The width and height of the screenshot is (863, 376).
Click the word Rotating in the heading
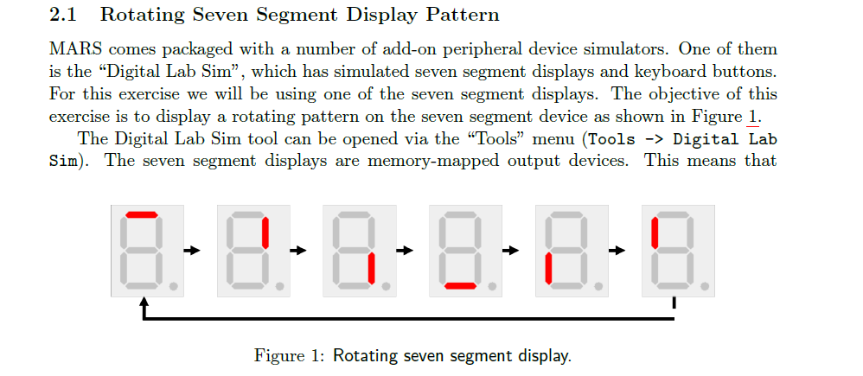point(142,15)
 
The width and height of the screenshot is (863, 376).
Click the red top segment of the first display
point(142,214)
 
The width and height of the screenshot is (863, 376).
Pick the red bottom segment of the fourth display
point(461,286)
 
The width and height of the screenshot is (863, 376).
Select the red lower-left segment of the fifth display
point(549,269)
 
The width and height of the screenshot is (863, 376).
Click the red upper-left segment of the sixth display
point(655,232)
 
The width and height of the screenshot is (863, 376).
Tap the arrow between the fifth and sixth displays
point(617,251)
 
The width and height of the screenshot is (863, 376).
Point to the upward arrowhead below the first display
point(144,303)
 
